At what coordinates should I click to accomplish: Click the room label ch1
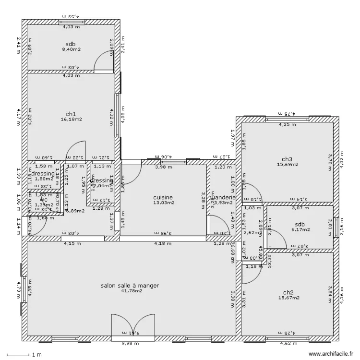pos(71,114)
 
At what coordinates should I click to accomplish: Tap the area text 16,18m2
pos(71,120)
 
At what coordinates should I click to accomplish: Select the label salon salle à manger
pos(130,285)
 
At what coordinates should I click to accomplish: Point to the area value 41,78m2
pos(130,291)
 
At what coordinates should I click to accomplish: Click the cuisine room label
pos(163,197)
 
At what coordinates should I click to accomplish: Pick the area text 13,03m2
pos(163,203)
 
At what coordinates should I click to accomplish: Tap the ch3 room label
pos(287,159)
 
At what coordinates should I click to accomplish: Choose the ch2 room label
pos(288,292)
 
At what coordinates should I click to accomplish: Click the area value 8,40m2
pos(71,49)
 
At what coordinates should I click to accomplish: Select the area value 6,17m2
pos(300,230)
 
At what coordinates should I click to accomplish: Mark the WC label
pos(44,200)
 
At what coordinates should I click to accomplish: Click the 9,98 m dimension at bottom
pos(130,343)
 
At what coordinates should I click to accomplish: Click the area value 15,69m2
pos(287,165)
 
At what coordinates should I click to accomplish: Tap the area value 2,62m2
pos(251,233)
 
